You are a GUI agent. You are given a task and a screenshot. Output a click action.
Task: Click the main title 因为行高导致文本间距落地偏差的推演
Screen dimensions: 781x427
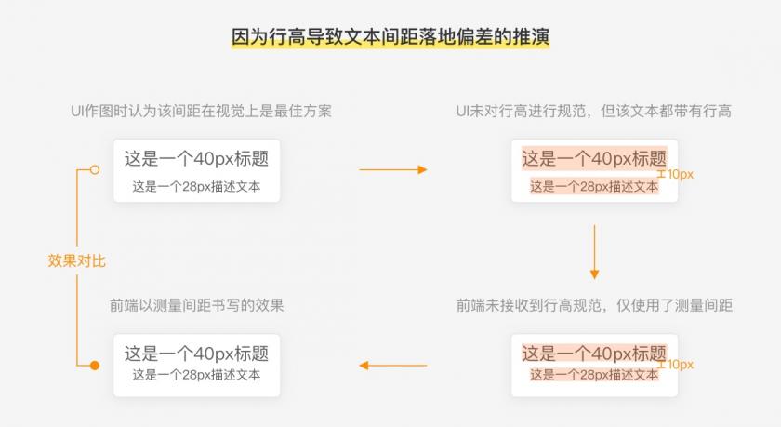click(390, 37)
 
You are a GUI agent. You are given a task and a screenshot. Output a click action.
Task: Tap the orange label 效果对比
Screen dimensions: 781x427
click(76, 260)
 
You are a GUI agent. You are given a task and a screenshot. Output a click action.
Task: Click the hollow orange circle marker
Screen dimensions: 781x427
click(95, 170)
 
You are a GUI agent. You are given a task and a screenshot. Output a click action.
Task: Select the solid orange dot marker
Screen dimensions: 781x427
click(95, 366)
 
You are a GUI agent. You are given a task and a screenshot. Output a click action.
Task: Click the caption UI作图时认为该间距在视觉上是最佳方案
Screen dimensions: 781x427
click(201, 111)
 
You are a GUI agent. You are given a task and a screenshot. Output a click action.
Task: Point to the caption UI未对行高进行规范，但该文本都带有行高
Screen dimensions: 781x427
click(594, 111)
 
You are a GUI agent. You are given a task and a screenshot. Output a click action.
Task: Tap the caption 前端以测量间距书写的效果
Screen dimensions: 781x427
click(197, 305)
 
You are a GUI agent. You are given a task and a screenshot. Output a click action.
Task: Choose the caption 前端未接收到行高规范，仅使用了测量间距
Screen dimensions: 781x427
click(594, 305)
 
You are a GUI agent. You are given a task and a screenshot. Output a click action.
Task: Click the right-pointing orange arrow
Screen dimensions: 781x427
click(393, 170)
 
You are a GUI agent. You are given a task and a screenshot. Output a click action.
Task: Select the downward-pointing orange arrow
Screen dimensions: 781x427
click(594, 251)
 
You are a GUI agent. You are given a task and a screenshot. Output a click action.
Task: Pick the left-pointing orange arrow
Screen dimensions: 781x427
click(393, 366)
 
